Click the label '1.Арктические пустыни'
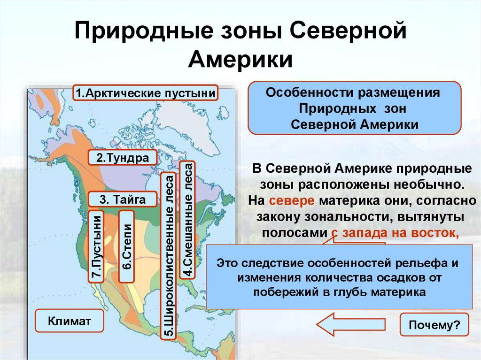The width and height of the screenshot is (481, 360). coord(146,93)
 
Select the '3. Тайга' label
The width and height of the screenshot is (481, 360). coord(122,199)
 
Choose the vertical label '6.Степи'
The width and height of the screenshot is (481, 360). coord(127,246)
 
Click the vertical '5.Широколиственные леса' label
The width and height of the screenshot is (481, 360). coord(168,255)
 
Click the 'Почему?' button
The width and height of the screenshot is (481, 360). coord(434,325)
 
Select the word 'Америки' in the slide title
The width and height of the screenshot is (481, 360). coord(240,60)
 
